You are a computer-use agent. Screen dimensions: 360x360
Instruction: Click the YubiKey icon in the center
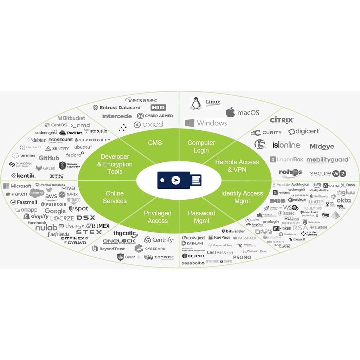click(x=179, y=180)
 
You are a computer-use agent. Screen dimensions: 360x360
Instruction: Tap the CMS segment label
click(x=155, y=142)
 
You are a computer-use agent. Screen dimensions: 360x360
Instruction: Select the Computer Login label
click(x=201, y=147)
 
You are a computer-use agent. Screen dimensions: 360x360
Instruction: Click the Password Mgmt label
click(x=201, y=217)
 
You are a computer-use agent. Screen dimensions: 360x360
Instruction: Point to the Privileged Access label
click(x=157, y=217)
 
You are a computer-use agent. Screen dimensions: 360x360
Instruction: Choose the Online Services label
click(x=115, y=197)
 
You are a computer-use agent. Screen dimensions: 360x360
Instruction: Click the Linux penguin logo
click(x=196, y=103)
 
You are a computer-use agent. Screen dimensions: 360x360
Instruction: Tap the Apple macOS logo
click(x=230, y=112)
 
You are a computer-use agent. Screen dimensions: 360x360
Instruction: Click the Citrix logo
click(x=282, y=121)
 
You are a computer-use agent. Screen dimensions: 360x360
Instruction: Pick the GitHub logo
click(x=49, y=158)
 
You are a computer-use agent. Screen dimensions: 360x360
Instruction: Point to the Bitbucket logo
click(x=72, y=118)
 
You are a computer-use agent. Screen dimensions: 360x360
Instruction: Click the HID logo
click(x=158, y=108)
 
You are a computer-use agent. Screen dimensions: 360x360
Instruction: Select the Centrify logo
click(x=159, y=240)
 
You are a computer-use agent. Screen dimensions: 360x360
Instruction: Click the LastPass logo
click(x=220, y=252)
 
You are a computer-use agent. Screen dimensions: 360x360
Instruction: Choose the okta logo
click(x=344, y=200)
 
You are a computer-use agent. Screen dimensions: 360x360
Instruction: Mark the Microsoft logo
click(x=18, y=186)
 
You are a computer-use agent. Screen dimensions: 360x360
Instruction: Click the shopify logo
click(x=36, y=217)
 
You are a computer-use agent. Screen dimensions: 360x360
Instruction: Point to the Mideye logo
click(x=322, y=147)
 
